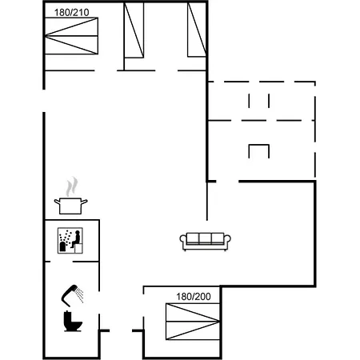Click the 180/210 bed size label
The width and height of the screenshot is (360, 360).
[x=70, y=12]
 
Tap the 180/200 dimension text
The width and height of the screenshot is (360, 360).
[x=194, y=297]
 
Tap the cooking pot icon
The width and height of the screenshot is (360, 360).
[x=70, y=205]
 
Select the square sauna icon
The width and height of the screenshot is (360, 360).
[x=70, y=240]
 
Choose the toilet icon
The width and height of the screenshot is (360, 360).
[x=72, y=322]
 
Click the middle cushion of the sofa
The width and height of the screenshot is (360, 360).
[x=206, y=239]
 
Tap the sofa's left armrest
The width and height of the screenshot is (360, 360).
[x=185, y=242]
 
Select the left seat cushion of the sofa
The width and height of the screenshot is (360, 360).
[x=194, y=239]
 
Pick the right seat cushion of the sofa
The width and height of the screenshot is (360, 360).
[x=217, y=239]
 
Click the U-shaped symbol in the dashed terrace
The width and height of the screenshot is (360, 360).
[x=259, y=150]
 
